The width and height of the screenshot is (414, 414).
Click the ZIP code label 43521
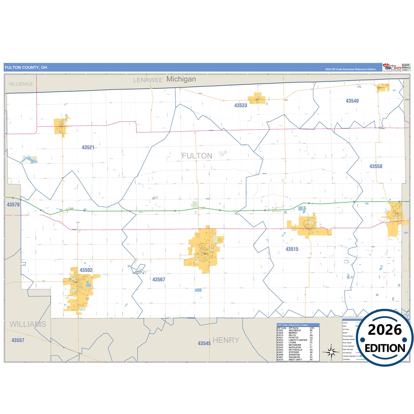88,148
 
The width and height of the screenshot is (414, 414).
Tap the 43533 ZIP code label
240,105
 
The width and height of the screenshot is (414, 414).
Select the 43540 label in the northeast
352,101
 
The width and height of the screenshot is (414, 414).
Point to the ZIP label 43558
376,166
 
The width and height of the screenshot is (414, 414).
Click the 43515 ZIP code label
292,249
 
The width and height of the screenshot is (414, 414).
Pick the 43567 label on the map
158,280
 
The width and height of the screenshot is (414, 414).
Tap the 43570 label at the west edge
13,205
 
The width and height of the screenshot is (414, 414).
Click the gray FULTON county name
197,156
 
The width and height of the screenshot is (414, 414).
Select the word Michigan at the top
181,79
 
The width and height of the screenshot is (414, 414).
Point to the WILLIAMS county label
28,324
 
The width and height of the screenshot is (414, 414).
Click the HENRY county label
226,340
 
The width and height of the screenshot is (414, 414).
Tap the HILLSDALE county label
21,84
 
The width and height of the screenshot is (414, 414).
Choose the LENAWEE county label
148,80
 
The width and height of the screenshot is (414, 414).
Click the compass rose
331,352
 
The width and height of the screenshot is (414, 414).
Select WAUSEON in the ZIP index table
294,357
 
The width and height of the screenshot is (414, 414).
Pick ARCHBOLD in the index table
295,330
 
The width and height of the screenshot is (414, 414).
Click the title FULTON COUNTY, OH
26,68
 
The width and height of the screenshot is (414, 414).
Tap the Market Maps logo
392,67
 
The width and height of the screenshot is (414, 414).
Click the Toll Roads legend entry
346,359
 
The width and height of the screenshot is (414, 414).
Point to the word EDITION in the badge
385,348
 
